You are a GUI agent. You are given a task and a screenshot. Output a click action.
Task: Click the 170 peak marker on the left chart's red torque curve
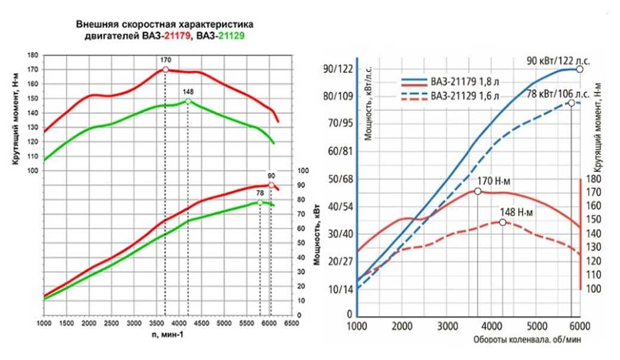coord(165,70)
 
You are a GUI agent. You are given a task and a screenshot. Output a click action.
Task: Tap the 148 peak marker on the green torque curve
coord(188,101)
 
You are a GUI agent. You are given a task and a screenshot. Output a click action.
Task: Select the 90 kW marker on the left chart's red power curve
coord(271,185)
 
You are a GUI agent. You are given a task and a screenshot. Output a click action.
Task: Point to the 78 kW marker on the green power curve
coord(260,203)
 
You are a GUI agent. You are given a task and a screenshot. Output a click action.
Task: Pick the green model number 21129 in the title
coord(232,35)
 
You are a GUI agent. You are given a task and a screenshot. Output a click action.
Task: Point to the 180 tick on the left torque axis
coord(33,55)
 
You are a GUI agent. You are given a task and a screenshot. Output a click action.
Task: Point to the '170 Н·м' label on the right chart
coord(495,181)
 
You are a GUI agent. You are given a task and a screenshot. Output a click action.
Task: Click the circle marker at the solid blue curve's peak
coord(579,69)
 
